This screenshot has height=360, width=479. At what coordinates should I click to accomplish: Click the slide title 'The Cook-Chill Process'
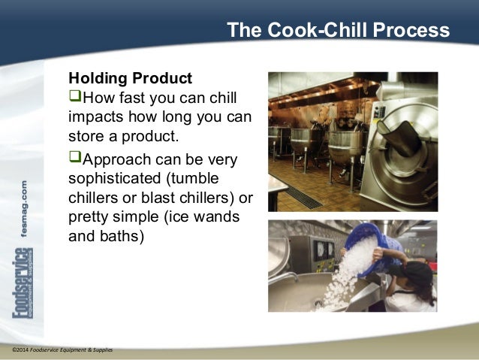tap(338, 31)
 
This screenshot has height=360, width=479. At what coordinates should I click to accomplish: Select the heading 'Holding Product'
tap(130, 79)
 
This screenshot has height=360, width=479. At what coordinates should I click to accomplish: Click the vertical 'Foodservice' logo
tap(23, 294)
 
